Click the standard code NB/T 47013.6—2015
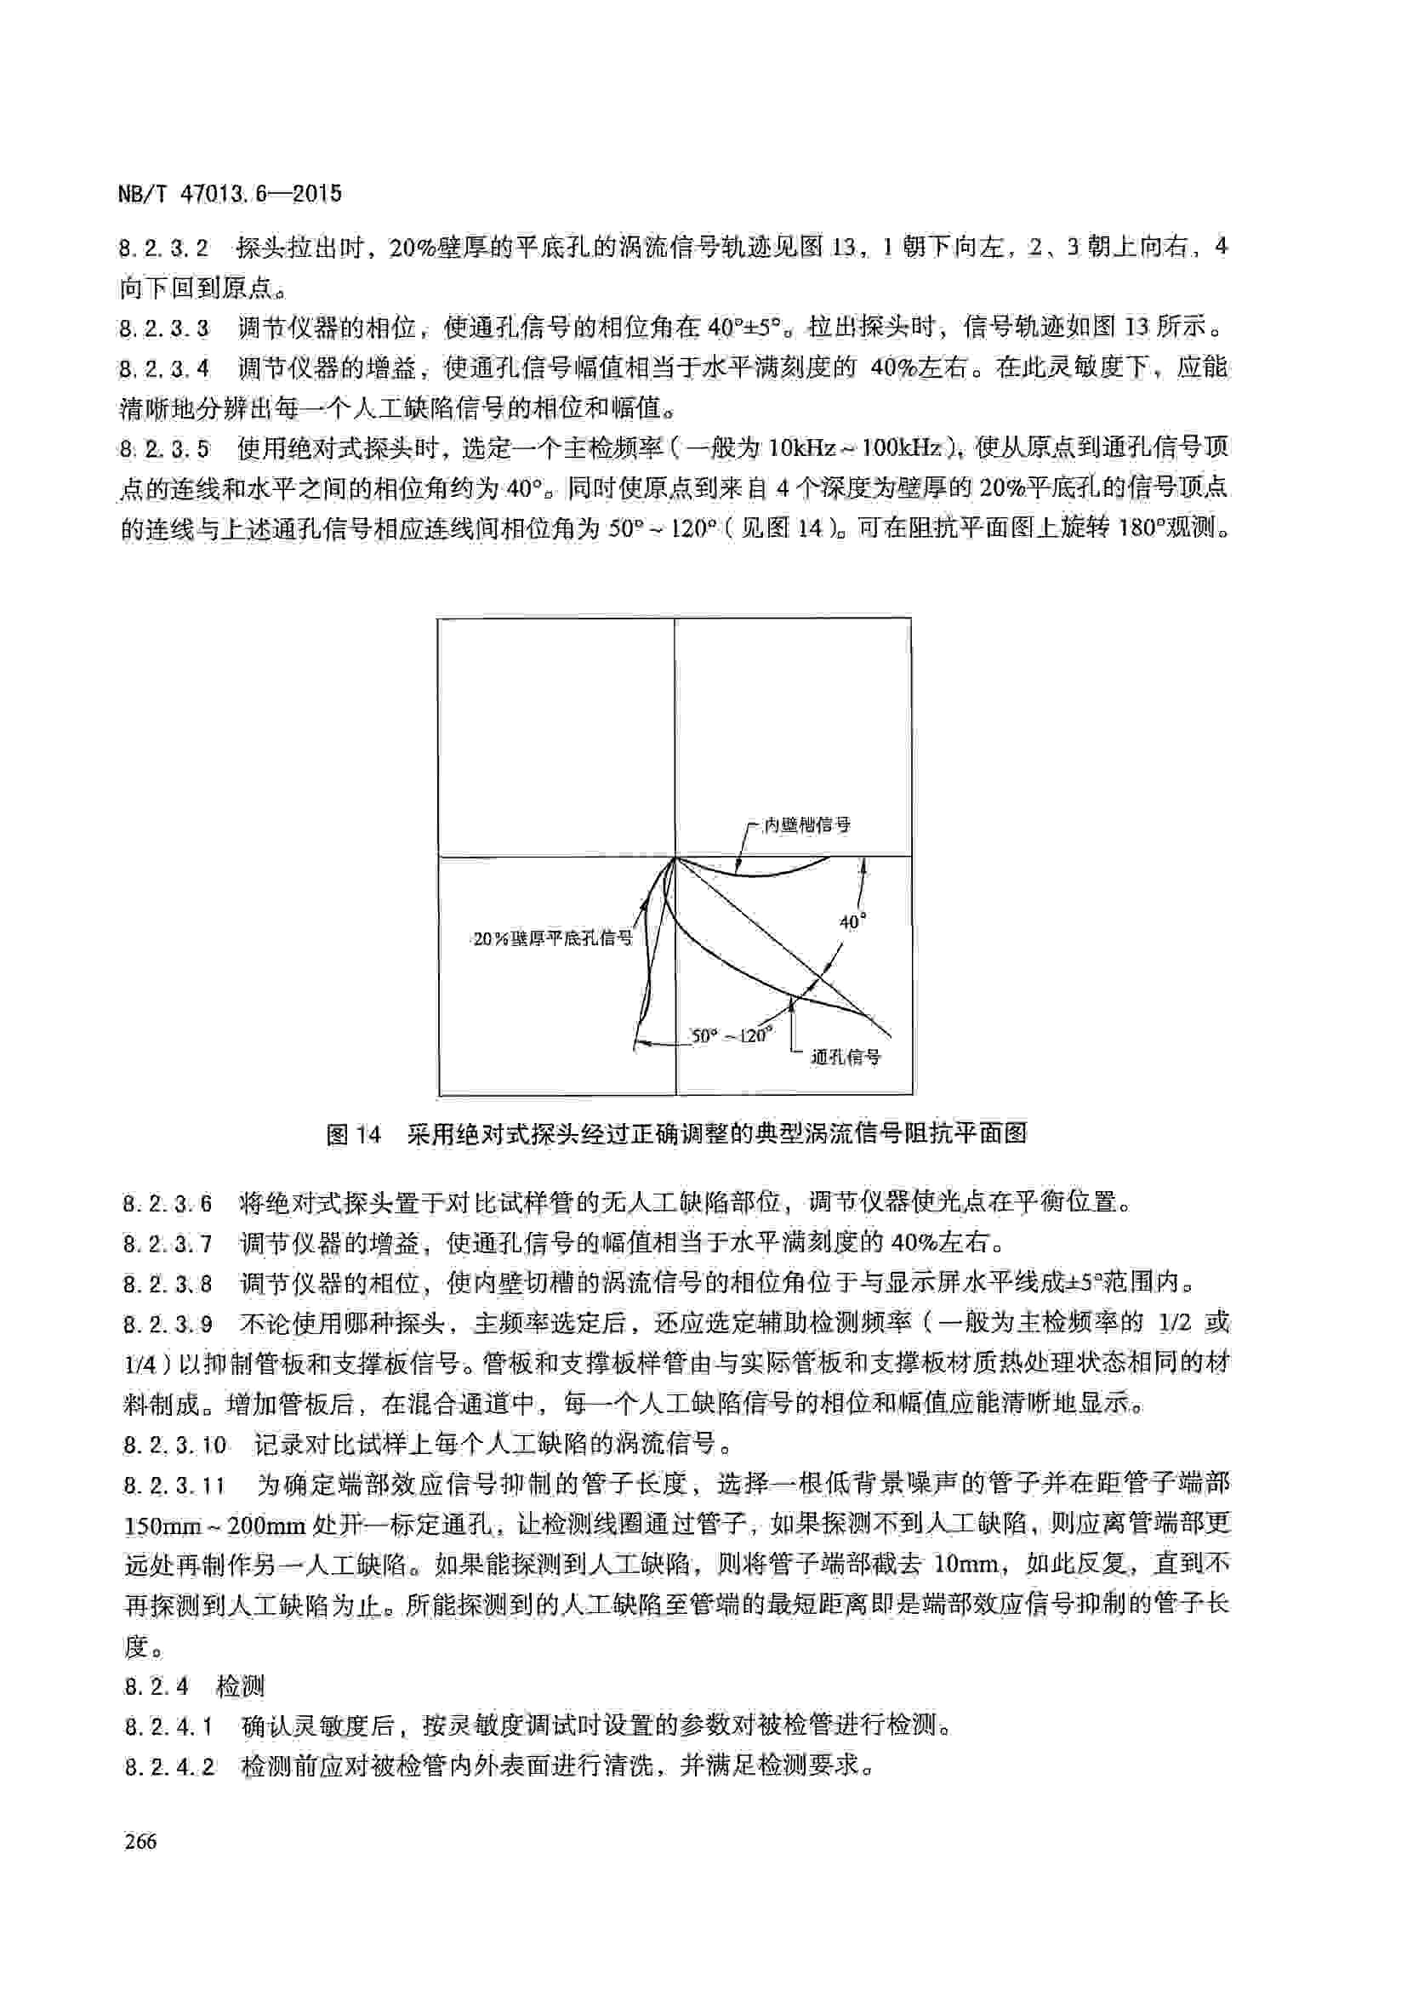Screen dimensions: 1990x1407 (x=230, y=193)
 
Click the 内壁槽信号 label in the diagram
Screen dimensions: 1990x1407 (x=806, y=824)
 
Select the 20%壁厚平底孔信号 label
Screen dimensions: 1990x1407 (x=553, y=938)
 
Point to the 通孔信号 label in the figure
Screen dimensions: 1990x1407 (x=845, y=1057)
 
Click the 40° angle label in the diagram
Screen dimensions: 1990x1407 (x=852, y=921)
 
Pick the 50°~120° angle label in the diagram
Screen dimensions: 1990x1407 (x=731, y=1035)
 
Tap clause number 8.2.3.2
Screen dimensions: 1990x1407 (x=165, y=248)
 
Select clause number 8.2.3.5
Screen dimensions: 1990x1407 (x=165, y=449)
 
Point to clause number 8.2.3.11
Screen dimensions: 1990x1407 (x=174, y=1485)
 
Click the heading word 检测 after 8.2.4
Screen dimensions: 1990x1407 (x=240, y=1686)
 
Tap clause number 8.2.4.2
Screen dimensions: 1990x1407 (x=169, y=1766)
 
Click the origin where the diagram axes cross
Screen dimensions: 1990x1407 (x=675, y=858)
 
